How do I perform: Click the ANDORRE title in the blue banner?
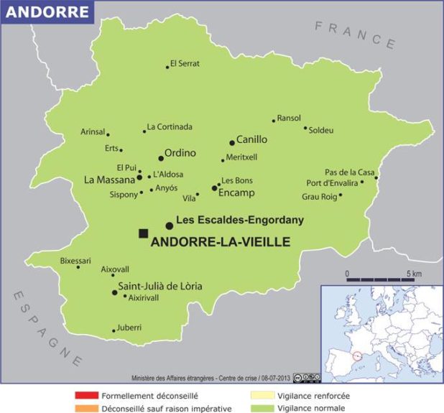click(x=48, y=12)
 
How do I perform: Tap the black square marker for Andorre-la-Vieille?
click(x=144, y=233)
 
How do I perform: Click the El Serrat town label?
click(x=185, y=65)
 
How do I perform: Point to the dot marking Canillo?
click(x=232, y=142)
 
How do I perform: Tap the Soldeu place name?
click(x=321, y=130)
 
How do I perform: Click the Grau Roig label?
click(x=319, y=195)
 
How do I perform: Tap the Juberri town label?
click(x=129, y=328)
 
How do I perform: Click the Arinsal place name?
click(x=93, y=131)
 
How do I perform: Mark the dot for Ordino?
click(x=160, y=158)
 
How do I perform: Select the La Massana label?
click(x=109, y=179)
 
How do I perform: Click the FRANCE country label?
click(x=355, y=32)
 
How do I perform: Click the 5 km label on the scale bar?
click(x=413, y=274)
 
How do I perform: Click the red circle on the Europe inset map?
click(x=358, y=354)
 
